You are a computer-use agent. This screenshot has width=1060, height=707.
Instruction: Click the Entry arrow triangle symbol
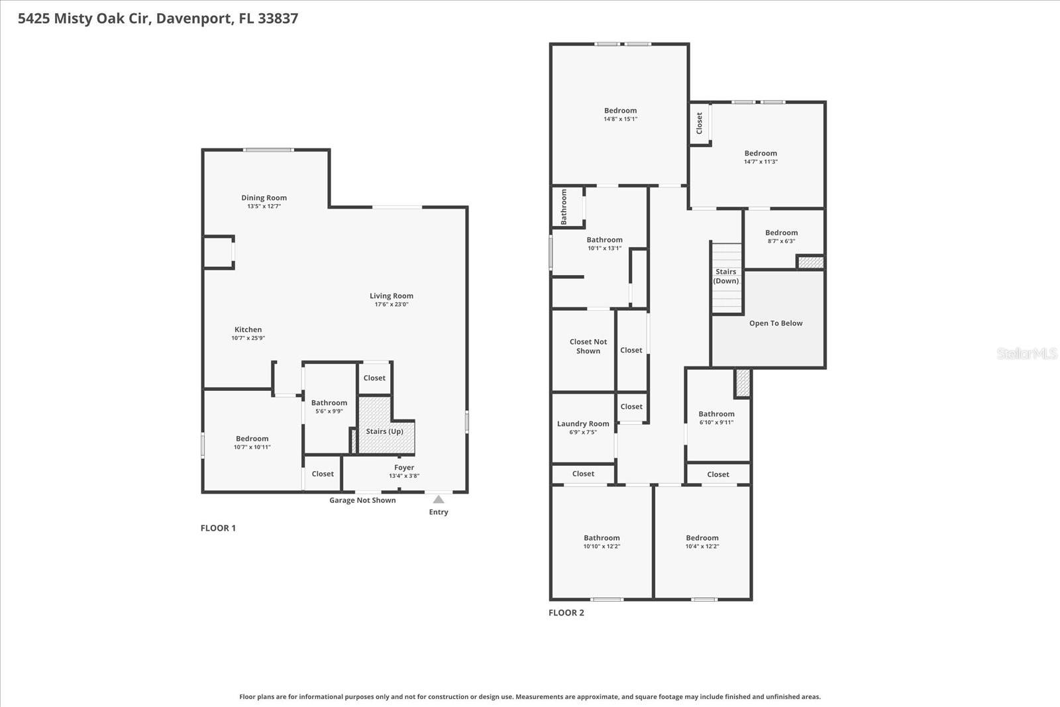[439, 499]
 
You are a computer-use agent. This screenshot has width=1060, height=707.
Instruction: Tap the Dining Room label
[264, 197]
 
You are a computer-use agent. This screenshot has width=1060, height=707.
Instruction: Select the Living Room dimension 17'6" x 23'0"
[392, 305]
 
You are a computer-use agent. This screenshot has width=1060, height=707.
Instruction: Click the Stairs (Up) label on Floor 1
[384, 431]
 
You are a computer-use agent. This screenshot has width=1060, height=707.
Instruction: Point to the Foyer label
[404, 467]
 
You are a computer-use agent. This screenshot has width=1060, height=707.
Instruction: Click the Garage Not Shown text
[362, 500]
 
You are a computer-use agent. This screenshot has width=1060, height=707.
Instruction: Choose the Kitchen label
[248, 329]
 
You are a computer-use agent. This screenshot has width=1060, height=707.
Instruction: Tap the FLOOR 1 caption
[218, 528]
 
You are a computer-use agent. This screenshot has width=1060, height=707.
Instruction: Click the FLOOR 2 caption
[566, 613]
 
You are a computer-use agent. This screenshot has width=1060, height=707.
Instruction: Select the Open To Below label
[776, 323]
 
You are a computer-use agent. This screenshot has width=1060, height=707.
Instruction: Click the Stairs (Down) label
[725, 276]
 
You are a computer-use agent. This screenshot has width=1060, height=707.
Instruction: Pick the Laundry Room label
[583, 424]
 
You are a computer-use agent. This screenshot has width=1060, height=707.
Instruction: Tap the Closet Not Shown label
[588, 347]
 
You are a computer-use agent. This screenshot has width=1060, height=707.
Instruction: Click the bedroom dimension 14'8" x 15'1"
[620, 119]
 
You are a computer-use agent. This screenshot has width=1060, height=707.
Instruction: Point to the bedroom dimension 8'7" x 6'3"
[781, 241]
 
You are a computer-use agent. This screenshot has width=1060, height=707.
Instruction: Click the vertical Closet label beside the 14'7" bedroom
[699, 123]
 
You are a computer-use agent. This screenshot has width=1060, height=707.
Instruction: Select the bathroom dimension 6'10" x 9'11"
[716, 423]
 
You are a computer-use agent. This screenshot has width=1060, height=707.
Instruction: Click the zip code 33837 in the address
[278, 19]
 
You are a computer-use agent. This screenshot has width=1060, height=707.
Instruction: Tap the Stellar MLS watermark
[1026, 354]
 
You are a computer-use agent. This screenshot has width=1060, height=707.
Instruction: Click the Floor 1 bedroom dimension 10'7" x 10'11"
[252, 447]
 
